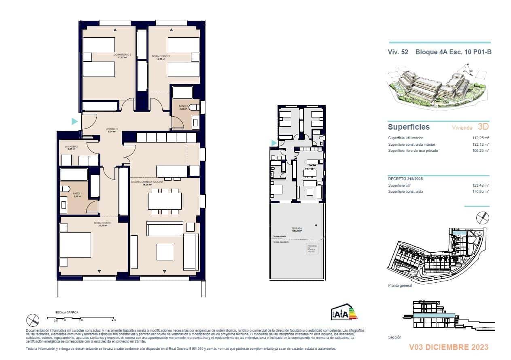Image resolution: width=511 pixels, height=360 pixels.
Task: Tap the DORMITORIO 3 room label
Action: pyautogui.click(x=161, y=56)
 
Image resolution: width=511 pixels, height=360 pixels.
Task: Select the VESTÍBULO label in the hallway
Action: pyautogui.click(x=112, y=129)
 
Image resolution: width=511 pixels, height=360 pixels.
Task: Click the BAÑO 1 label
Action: pyautogui.click(x=77, y=194)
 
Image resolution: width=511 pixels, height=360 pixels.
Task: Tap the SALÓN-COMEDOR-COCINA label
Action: pyautogui.click(x=147, y=183)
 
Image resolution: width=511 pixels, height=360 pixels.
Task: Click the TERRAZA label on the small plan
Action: pyautogui.click(x=297, y=228)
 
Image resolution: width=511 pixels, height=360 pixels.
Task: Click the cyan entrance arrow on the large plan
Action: pyautogui.click(x=74, y=121)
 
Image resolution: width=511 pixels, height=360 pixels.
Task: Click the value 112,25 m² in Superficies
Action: pyautogui.click(x=481, y=138)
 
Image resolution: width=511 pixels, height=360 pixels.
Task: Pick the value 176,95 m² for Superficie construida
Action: pyautogui.click(x=481, y=192)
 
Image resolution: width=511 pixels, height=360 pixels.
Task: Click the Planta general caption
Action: pyautogui.click(x=400, y=285)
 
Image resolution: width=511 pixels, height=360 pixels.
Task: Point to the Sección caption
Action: pyautogui.click(x=394, y=337)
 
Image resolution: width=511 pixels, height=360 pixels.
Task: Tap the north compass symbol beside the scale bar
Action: pyautogui.click(x=33, y=320)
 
